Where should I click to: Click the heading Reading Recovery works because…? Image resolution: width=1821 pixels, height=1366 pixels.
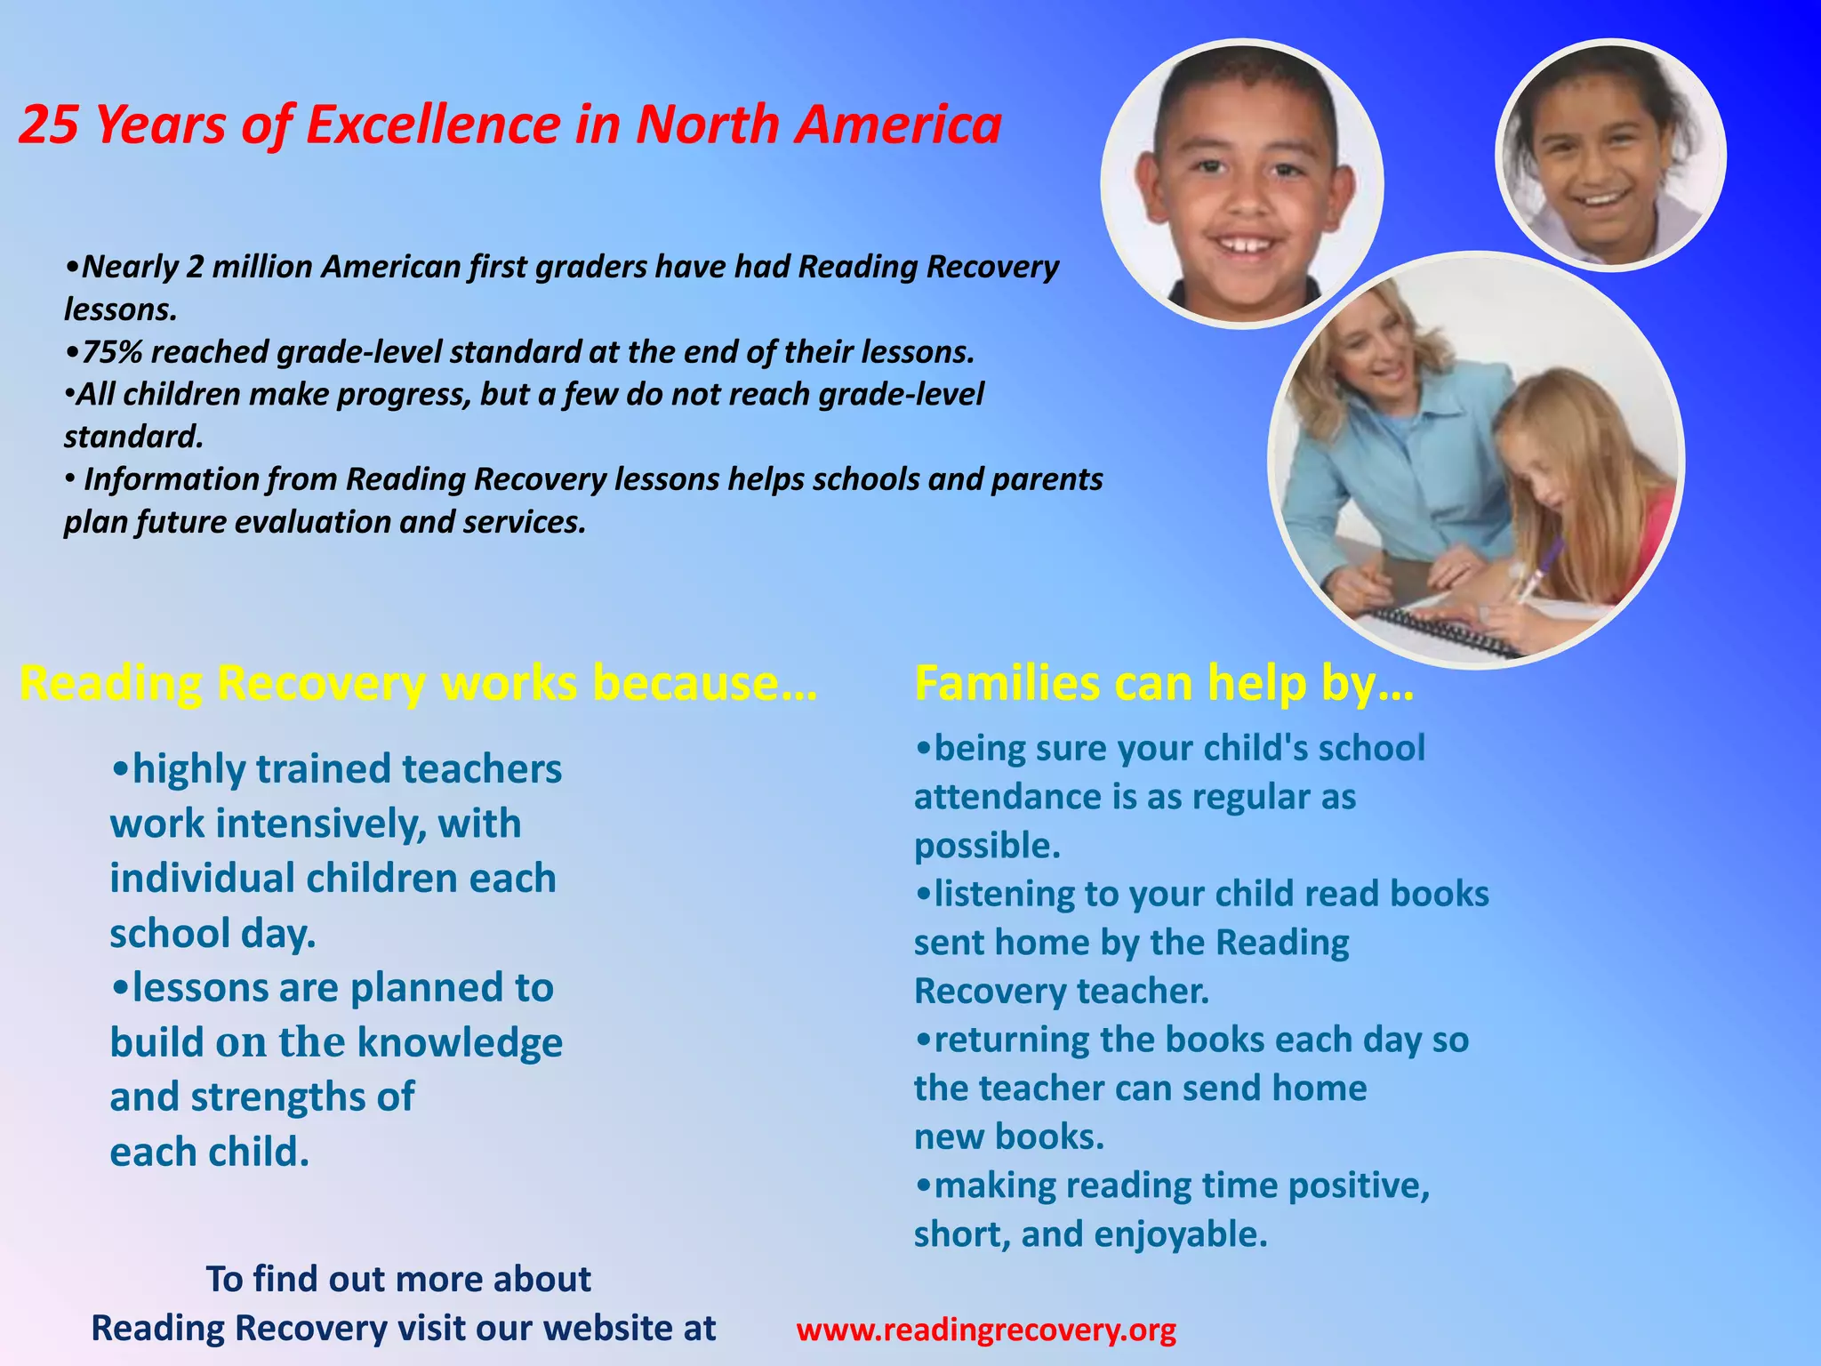(x=417, y=684)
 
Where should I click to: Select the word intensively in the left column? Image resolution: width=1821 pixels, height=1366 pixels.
(x=317, y=824)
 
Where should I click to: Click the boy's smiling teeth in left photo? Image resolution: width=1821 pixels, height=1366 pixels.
(x=1244, y=243)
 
